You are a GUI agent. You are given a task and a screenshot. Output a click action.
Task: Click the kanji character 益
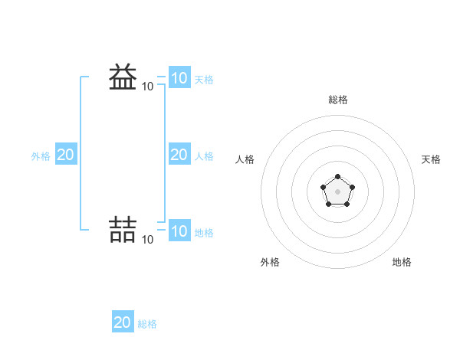coord(123,77)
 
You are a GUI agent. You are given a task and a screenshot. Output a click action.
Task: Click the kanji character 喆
coord(123,229)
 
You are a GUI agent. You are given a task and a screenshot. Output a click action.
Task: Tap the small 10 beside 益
coord(147,87)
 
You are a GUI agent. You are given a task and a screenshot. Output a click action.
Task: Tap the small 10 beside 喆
coord(147,240)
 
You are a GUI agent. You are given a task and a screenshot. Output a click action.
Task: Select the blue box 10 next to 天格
coord(179,77)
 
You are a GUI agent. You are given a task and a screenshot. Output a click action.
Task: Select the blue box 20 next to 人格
coord(179,155)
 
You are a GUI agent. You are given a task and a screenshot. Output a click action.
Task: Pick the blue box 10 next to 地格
coord(179,231)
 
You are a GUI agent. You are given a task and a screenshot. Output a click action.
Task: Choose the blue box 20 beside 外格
coord(65,155)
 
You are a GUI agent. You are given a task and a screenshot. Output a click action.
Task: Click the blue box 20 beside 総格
coord(122,322)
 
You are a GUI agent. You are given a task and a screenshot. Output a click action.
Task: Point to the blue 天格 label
coord(204,79)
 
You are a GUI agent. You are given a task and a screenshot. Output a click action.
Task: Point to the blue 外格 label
coord(41,156)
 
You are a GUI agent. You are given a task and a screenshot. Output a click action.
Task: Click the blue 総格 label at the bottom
coord(147,324)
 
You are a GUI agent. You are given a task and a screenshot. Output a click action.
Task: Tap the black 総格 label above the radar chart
coord(337,100)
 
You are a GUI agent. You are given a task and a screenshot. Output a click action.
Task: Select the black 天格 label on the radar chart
coord(431,159)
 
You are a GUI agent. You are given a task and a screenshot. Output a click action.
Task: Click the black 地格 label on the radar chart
coord(402,262)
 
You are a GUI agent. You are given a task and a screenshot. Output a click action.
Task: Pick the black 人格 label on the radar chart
coord(245,159)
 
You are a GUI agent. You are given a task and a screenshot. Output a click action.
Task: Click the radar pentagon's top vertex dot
coord(337,177)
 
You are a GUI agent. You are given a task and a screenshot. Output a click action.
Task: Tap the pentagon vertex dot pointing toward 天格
coord(352,187)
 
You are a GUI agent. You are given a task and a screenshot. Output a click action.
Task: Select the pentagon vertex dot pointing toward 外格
coord(329,204)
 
